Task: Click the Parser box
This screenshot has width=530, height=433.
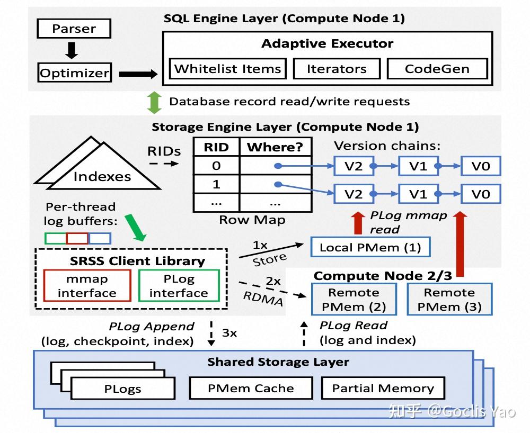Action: [74, 29]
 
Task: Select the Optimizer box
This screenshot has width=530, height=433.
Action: [74, 73]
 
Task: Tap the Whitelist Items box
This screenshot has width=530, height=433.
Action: [227, 69]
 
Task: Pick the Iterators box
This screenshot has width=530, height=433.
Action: [337, 69]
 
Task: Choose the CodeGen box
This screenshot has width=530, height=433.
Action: [437, 69]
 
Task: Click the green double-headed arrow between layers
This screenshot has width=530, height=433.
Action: [154, 102]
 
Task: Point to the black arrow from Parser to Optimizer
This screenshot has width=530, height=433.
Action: [72, 50]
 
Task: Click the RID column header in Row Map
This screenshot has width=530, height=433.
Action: [216, 147]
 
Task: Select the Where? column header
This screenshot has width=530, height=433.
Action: [275, 147]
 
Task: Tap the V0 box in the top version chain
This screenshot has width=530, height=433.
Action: [481, 166]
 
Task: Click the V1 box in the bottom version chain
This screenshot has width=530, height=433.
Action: [418, 194]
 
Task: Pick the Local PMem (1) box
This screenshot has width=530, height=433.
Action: [370, 247]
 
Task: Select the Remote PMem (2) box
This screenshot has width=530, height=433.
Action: [354, 299]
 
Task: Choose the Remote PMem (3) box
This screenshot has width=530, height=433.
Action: [449, 299]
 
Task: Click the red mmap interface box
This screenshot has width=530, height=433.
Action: [87, 286]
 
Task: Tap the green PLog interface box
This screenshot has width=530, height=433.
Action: [179, 286]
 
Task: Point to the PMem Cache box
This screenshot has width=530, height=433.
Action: [250, 388]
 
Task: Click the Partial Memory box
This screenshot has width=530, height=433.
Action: [383, 388]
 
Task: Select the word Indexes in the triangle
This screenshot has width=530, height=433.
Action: [102, 176]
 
